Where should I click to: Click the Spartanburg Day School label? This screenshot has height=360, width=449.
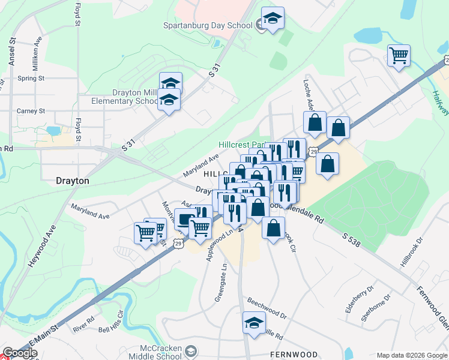208,25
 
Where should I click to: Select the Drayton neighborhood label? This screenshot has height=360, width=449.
72,180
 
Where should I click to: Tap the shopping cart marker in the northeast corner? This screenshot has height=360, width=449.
399,56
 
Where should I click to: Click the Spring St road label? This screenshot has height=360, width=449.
31,79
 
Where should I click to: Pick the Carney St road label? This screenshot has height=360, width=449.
31,111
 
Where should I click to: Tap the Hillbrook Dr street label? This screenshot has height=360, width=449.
411,251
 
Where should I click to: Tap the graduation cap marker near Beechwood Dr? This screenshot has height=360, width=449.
254,322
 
